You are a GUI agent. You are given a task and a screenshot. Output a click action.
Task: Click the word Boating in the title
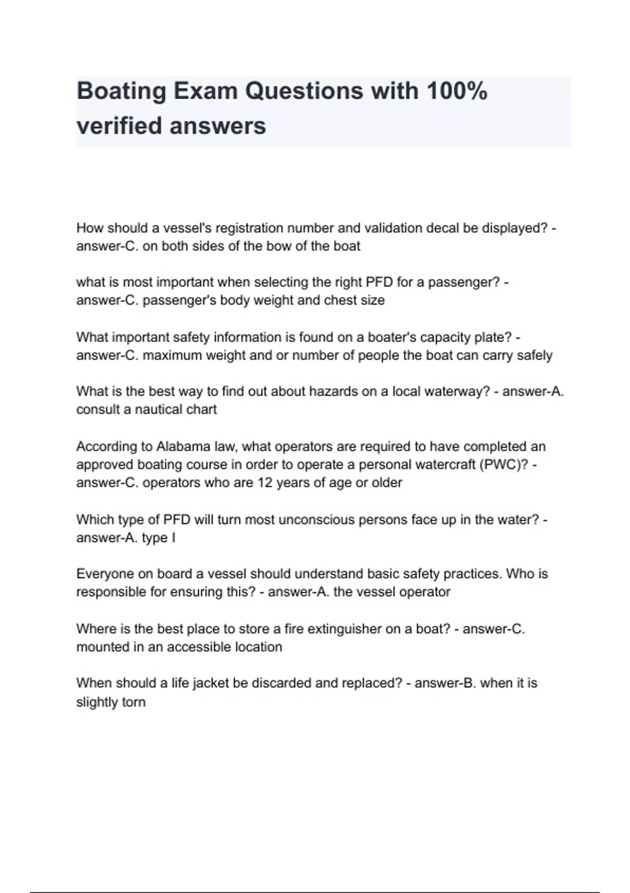tap(121, 91)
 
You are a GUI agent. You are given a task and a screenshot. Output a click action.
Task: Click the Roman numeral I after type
tap(173, 537)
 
